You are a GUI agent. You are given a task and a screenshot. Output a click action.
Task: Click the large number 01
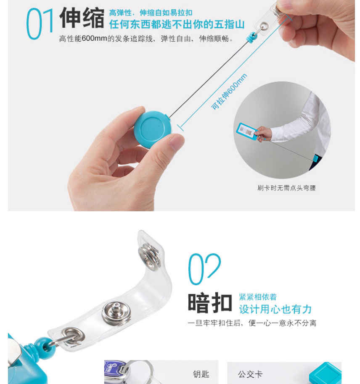pyautogui.click(x=40, y=24)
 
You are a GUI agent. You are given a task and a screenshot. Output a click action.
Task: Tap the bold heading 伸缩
pyautogui.click(x=82, y=18)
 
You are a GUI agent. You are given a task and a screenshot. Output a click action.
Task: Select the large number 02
pyautogui.click(x=204, y=269)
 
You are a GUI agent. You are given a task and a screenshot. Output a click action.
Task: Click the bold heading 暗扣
pyautogui.click(x=210, y=302)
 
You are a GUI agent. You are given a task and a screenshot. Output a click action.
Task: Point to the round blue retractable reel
pyautogui.click(x=152, y=129)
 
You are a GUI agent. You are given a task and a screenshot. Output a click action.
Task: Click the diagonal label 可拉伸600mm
pyautogui.click(x=229, y=92)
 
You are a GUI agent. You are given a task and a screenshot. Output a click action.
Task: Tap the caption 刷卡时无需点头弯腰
pyautogui.click(x=286, y=188)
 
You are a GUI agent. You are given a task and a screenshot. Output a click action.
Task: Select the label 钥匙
pyautogui.click(x=201, y=374)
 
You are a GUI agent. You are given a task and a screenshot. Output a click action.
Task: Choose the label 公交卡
pyautogui.click(x=250, y=374)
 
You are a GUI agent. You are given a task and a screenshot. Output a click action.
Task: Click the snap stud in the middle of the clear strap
pyautogui.click(x=116, y=313)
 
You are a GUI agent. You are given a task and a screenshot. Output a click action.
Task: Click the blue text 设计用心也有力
pyautogui.click(x=275, y=309)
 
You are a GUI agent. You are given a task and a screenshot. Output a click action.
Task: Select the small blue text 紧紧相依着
pyautogui.click(x=258, y=297)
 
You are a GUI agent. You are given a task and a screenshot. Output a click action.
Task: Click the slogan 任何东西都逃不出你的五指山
pyautogui.click(x=177, y=24)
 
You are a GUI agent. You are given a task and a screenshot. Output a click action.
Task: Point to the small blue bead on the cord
pyautogui.click(x=252, y=38)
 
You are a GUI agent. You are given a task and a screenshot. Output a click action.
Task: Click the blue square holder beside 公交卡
pyautogui.click(x=325, y=373)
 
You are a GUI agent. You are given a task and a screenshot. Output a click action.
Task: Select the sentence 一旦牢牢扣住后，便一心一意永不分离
pyautogui.click(x=252, y=323)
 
